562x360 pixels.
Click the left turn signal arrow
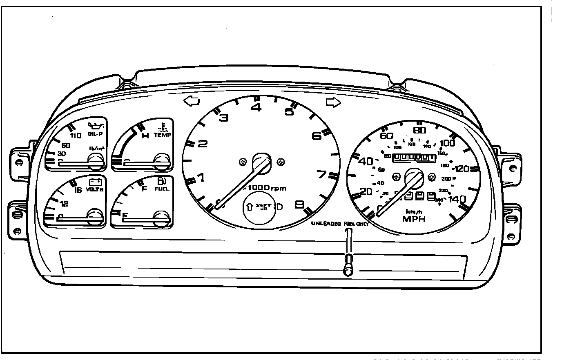click(192, 101)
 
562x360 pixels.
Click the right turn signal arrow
click(333, 103)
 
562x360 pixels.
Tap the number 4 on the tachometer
click(256, 108)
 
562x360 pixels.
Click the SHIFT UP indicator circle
click(260, 207)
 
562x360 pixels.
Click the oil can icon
click(97, 125)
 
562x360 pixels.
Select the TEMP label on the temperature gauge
click(162, 135)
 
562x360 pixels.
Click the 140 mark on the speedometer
click(457, 199)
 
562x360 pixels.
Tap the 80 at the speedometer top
click(419, 131)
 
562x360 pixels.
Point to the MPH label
click(414, 219)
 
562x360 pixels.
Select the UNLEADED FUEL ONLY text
click(339, 224)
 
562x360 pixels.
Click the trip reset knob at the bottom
click(348, 269)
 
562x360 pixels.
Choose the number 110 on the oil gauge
click(76, 136)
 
